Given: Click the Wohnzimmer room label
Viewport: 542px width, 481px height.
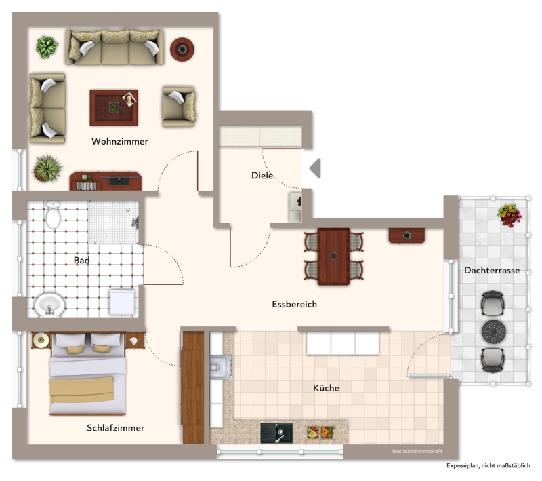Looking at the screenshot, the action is coord(120,141).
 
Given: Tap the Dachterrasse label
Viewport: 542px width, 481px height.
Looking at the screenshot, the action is coord(492,270).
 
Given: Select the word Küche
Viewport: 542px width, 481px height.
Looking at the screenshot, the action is coord(326,388).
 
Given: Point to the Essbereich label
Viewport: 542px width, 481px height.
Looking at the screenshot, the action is coord(294,304).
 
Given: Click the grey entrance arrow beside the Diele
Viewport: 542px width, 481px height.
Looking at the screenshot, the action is coord(315,168).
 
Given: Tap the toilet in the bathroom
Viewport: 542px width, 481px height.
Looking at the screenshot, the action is coord(53,214).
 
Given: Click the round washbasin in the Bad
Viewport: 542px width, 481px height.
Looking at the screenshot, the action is coord(49,305).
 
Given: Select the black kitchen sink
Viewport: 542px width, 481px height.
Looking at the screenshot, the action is coord(276,433).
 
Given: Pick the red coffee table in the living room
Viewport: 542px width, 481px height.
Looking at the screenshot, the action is coord(114,108).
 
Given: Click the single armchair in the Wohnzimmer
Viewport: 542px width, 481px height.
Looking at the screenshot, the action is coord(179,107).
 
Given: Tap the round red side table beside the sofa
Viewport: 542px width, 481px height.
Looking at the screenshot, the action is coord(182,50).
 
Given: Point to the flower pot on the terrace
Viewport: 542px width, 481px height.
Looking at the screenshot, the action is coord(509,215).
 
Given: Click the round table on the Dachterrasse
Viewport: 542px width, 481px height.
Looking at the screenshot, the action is coord(494,332).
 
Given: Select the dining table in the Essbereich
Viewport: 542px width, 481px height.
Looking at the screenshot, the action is coord(333,256).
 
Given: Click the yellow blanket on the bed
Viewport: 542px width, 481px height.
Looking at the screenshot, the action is coord(82,390).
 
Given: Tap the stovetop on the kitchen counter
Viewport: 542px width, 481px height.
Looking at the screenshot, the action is coord(220,367).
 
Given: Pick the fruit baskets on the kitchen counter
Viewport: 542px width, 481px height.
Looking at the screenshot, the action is coord(320,432).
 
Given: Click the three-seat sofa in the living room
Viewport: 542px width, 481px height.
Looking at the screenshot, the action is coord(114,47).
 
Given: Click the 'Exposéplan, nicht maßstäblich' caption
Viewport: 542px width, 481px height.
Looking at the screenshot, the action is coord(488,466).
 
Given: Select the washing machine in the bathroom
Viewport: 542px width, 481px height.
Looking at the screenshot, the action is coord(122,302).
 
